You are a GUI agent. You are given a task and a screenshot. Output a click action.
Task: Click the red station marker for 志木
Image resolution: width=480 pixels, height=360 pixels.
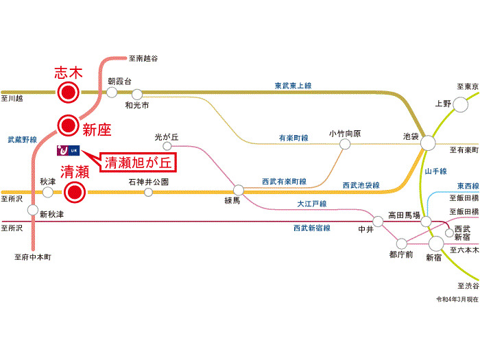point(67,92)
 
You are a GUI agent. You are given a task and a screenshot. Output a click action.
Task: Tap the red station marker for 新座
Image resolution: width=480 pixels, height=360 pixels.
point(67,125)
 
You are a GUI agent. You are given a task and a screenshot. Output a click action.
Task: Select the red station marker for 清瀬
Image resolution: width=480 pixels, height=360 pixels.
point(74,193)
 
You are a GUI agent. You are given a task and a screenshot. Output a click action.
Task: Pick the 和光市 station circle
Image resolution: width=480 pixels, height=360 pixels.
point(137,94)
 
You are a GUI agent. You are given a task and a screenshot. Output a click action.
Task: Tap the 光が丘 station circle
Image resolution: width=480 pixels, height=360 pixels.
point(165,146)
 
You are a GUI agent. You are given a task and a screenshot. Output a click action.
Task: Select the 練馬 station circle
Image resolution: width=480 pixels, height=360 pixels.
point(239,190)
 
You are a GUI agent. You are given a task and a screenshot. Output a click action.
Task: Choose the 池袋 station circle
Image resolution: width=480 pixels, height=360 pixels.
point(428,143)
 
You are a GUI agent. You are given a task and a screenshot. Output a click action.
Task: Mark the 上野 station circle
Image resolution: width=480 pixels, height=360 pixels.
point(459,104)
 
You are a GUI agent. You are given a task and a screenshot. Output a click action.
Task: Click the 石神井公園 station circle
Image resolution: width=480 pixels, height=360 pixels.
point(148,193)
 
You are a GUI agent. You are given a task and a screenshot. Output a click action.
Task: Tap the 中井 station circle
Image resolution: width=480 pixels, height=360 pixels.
point(378,221)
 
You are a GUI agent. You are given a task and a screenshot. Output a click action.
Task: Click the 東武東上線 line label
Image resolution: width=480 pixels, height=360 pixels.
point(293,86)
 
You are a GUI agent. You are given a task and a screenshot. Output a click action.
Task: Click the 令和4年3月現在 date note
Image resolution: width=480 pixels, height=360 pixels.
point(457,300)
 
